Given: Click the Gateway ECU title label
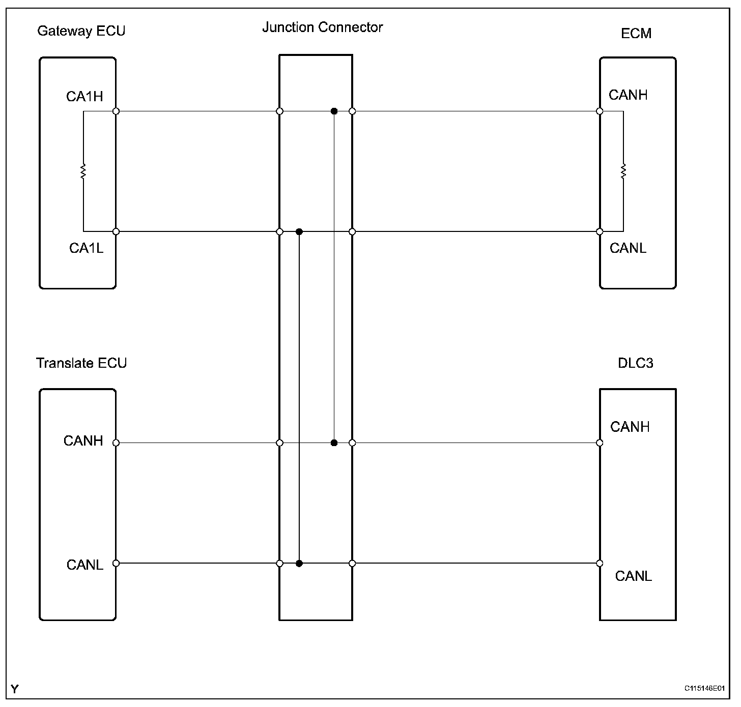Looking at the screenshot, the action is [81, 31].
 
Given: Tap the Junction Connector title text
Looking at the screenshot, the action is [323, 27].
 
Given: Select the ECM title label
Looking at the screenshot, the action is [636, 34].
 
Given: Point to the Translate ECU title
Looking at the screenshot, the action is [81, 363].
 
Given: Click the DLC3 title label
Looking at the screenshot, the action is [636, 363].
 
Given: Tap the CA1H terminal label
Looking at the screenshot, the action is [84, 97].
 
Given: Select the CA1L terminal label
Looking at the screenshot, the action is [86, 248].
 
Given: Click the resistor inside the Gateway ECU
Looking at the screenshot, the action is [83, 171].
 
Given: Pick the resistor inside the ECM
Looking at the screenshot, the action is [623, 171].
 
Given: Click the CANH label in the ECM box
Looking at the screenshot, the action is [628, 95].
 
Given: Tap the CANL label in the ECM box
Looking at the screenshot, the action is [628, 248].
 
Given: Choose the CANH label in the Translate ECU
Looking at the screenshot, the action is [83, 440].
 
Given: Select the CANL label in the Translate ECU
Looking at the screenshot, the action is [85, 565].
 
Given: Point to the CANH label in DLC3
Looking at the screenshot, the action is [630, 427].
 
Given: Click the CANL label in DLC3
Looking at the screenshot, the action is [633, 576].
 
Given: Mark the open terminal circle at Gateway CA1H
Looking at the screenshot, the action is [116, 111].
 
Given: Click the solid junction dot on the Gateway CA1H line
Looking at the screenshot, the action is [334, 111].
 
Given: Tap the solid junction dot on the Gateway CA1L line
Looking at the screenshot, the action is [299, 232].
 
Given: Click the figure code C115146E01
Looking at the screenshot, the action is [704, 688].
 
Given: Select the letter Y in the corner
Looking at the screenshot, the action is [14, 689].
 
